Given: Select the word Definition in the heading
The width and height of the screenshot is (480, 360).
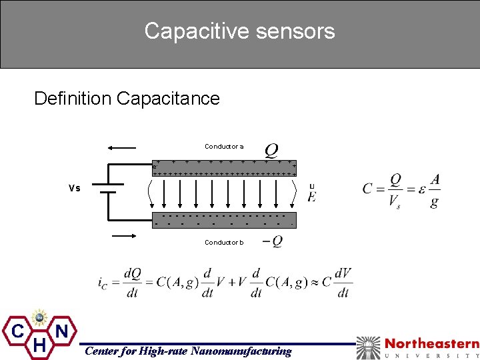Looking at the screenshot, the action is click(73, 99).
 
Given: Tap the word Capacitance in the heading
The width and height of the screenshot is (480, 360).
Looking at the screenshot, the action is click(168, 99).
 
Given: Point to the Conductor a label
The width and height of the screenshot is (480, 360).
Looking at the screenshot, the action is click(224, 147).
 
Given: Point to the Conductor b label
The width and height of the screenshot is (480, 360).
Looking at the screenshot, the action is click(224, 243).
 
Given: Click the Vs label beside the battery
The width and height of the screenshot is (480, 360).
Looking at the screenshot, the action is click(74, 189).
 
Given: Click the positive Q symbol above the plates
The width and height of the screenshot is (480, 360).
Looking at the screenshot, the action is click(272, 148).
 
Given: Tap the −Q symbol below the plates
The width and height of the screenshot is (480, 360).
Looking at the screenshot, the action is click(272, 241).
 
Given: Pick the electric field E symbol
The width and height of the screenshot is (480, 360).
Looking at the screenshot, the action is click(311, 195).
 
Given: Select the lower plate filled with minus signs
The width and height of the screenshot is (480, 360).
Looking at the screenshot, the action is click(224, 220).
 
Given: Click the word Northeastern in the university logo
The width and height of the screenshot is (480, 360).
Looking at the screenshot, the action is click(432, 344).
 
